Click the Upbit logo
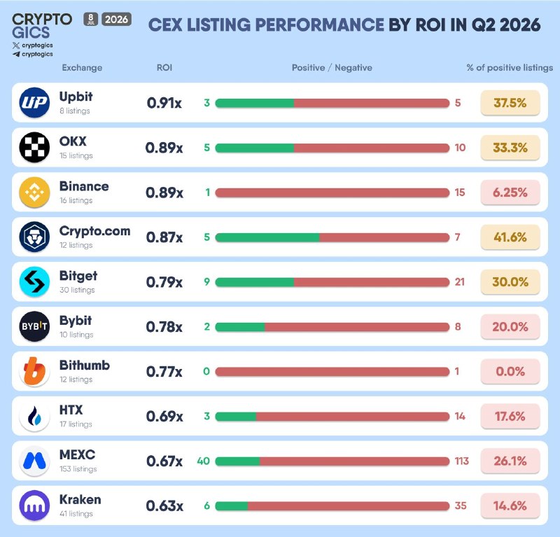pos(34,102)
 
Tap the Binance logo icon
pos(34,193)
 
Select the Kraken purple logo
pos(34,505)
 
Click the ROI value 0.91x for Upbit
pos(164,103)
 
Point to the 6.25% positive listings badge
pos(510,193)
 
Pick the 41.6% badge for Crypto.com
pos(510,237)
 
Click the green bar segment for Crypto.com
pos(267,237)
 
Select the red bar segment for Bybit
pos(357,327)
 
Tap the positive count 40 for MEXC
pos(203,461)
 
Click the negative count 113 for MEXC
pos(461,461)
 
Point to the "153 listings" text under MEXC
pos(78,469)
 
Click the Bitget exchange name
pos(78,276)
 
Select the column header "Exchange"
pos(82,67)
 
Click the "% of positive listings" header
pos(510,67)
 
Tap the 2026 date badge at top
pos(116,19)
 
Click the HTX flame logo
pos(34,417)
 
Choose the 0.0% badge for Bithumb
pos(510,371)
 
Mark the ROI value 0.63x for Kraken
pos(164,506)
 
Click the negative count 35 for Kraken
pos(461,505)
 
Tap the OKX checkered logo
pos(34,147)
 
